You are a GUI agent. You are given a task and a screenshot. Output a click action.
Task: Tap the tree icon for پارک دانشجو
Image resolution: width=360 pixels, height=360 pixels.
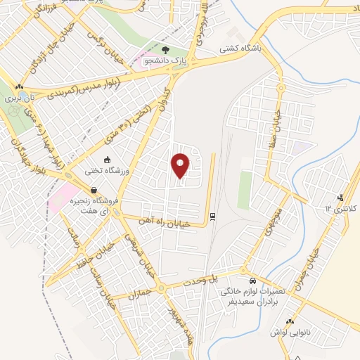166,50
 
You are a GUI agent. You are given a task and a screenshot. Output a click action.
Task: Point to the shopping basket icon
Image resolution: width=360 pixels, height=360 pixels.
94,190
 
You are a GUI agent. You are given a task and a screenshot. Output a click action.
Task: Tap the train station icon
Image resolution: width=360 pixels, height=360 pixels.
213,216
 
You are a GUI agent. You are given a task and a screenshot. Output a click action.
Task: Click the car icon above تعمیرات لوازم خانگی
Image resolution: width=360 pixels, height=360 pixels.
243,280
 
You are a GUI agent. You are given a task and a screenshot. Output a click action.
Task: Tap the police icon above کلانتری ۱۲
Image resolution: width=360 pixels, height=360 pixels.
341,197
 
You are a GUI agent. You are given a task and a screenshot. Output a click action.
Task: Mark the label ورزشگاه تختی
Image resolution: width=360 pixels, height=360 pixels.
108,171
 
